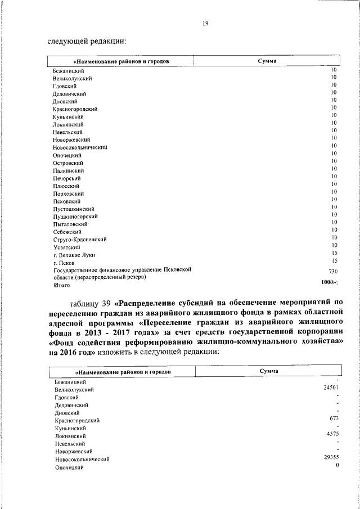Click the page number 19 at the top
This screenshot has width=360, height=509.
coord(206,23)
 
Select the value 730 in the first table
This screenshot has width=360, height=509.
coord(333,271)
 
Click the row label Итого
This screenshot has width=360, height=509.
coord(61,285)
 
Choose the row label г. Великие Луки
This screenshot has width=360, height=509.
coord(74,255)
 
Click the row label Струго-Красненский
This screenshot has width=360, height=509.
coord(80,240)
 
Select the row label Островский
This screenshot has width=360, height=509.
coord(68,163)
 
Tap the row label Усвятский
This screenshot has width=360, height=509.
coord(67,247)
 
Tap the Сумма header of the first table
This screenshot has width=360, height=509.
coord(267,60)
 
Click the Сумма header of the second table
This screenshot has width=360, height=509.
coord(269,371)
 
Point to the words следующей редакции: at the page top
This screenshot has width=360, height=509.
coord(86,40)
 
